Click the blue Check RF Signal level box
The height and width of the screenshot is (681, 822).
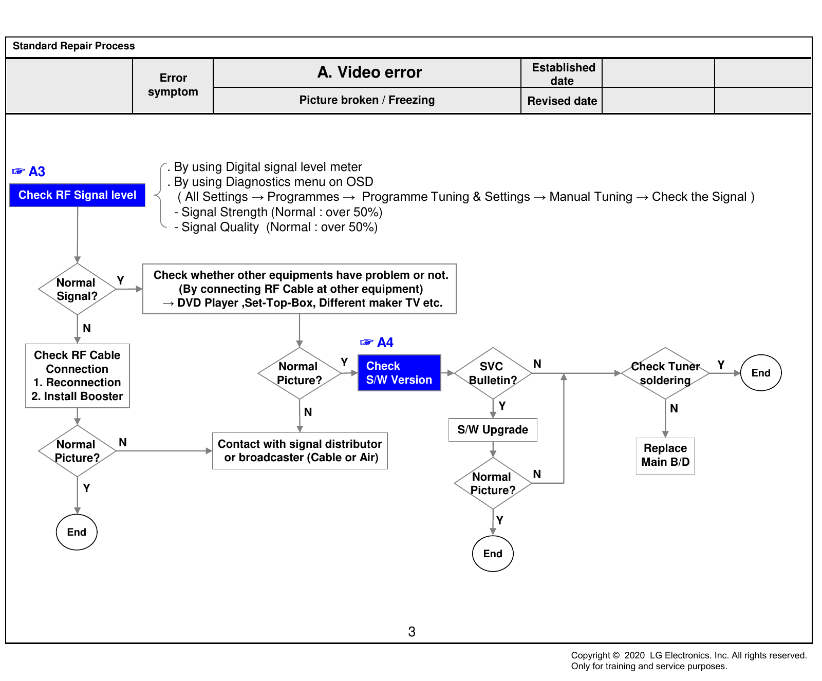(77, 195)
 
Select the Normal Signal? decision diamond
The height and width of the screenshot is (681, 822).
(77, 289)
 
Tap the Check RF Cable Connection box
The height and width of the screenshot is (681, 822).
(78, 376)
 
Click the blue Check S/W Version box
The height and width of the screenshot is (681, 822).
(399, 373)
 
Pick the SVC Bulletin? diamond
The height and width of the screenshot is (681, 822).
(493, 373)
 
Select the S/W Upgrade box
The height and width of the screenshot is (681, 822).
(493, 430)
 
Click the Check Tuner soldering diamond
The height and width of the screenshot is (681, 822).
(665, 373)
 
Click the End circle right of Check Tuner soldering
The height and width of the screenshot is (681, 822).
(761, 373)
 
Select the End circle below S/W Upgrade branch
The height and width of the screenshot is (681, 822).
(493, 554)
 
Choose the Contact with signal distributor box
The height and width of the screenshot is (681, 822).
(300, 451)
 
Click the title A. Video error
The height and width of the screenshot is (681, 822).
(369, 72)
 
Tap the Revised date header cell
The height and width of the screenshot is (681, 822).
(562, 101)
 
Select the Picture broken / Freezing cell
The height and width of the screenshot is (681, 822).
(367, 100)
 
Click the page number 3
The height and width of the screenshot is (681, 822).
(412, 632)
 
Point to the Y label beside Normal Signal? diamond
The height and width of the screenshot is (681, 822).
(120, 280)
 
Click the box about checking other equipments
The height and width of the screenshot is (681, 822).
(300, 289)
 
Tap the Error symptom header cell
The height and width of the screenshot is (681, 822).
(173, 85)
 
